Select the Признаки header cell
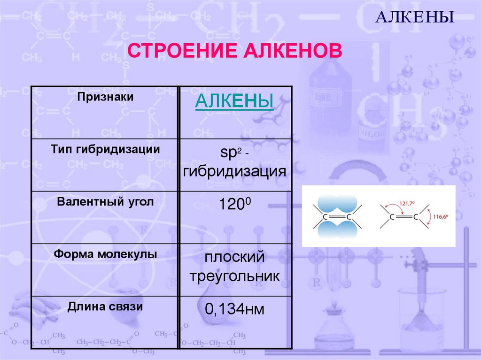pyautogui.click(x=106, y=97)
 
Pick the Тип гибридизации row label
pyautogui.click(x=105, y=150)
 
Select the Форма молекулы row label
pyautogui.click(x=105, y=254)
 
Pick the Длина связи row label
pyautogui.click(x=105, y=307)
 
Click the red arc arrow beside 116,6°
pyautogui.click(x=432, y=216)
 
